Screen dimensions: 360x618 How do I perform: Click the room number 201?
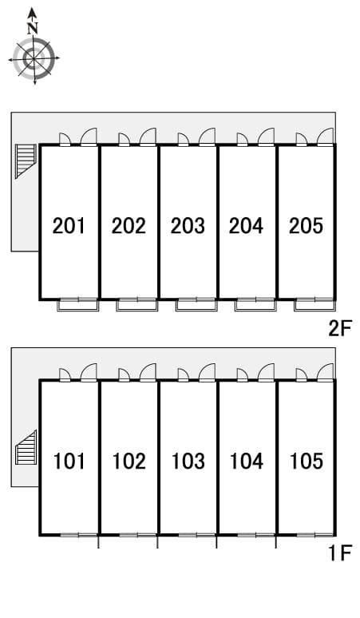69,226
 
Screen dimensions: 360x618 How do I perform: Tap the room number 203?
188,226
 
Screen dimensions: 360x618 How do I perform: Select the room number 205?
306,226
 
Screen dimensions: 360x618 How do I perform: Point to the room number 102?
129,462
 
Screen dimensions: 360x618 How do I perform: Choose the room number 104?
247,462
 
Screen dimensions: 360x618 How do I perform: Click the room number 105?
307,462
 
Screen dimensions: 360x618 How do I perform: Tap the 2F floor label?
339,328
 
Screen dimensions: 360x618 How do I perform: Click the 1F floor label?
340,553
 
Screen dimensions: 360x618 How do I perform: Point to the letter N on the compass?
33,29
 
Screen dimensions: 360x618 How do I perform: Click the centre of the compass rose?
34,59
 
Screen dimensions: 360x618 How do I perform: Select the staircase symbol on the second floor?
26,161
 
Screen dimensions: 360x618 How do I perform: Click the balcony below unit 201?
78,305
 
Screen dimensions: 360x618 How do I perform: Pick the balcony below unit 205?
315,305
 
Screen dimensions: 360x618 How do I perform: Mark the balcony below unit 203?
196,305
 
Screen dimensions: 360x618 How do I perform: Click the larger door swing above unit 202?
148,137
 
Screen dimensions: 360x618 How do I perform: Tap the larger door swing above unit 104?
266,372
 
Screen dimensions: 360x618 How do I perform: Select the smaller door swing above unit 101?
65,374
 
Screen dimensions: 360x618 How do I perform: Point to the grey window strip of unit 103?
196,535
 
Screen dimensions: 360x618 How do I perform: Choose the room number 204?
246,226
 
